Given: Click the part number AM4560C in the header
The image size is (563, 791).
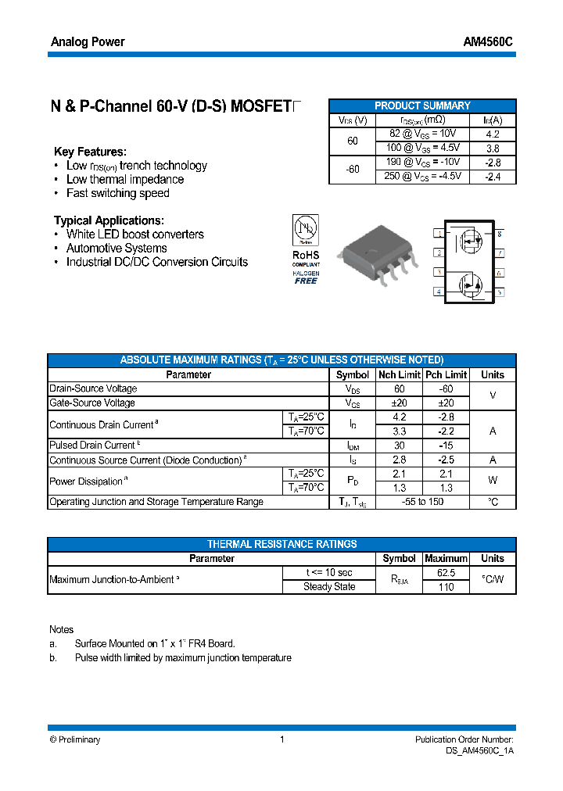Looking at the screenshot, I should pyautogui.click(x=488, y=42).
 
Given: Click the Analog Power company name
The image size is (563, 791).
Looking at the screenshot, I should pyautogui.click(x=88, y=42).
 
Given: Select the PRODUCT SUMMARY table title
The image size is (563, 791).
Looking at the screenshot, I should pyautogui.click(x=422, y=106).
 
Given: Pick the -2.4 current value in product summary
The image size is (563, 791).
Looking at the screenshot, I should pyautogui.click(x=493, y=177).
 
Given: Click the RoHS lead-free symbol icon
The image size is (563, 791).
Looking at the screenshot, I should pyautogui.click(x=305, y=228).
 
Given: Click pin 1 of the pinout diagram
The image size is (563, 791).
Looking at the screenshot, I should pyautogui.click(x=439, y=234).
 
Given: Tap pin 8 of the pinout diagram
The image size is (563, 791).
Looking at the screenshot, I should pyautogui.click(x=499, y=234).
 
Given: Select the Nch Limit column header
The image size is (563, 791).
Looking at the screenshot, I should pyautogui.click(x=399, y=374).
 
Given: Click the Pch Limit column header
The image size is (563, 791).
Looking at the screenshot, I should pyautogui.click(x=446, y=374).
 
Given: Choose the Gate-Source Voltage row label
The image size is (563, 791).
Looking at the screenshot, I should pyautogui.click(x=92, y=403).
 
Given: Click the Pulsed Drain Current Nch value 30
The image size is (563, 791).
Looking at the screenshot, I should pyautogui.click(x=399, y=446).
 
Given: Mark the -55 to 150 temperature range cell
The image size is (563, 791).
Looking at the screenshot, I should pyautogui.click(x=422, y=502).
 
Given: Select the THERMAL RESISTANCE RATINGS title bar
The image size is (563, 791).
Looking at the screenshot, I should pyautogui.click(x=281, y=544).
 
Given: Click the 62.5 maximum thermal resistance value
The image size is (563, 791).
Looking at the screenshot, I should pyautogui.click(x=446, y=573).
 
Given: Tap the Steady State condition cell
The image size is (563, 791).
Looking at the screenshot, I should pyautogui.click(x=329, y=587).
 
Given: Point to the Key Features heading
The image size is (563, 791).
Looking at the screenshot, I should pyautogui.click(x=90, y=152).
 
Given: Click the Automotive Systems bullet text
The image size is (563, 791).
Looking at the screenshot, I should pyautogui.click(x=117, y=249).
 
